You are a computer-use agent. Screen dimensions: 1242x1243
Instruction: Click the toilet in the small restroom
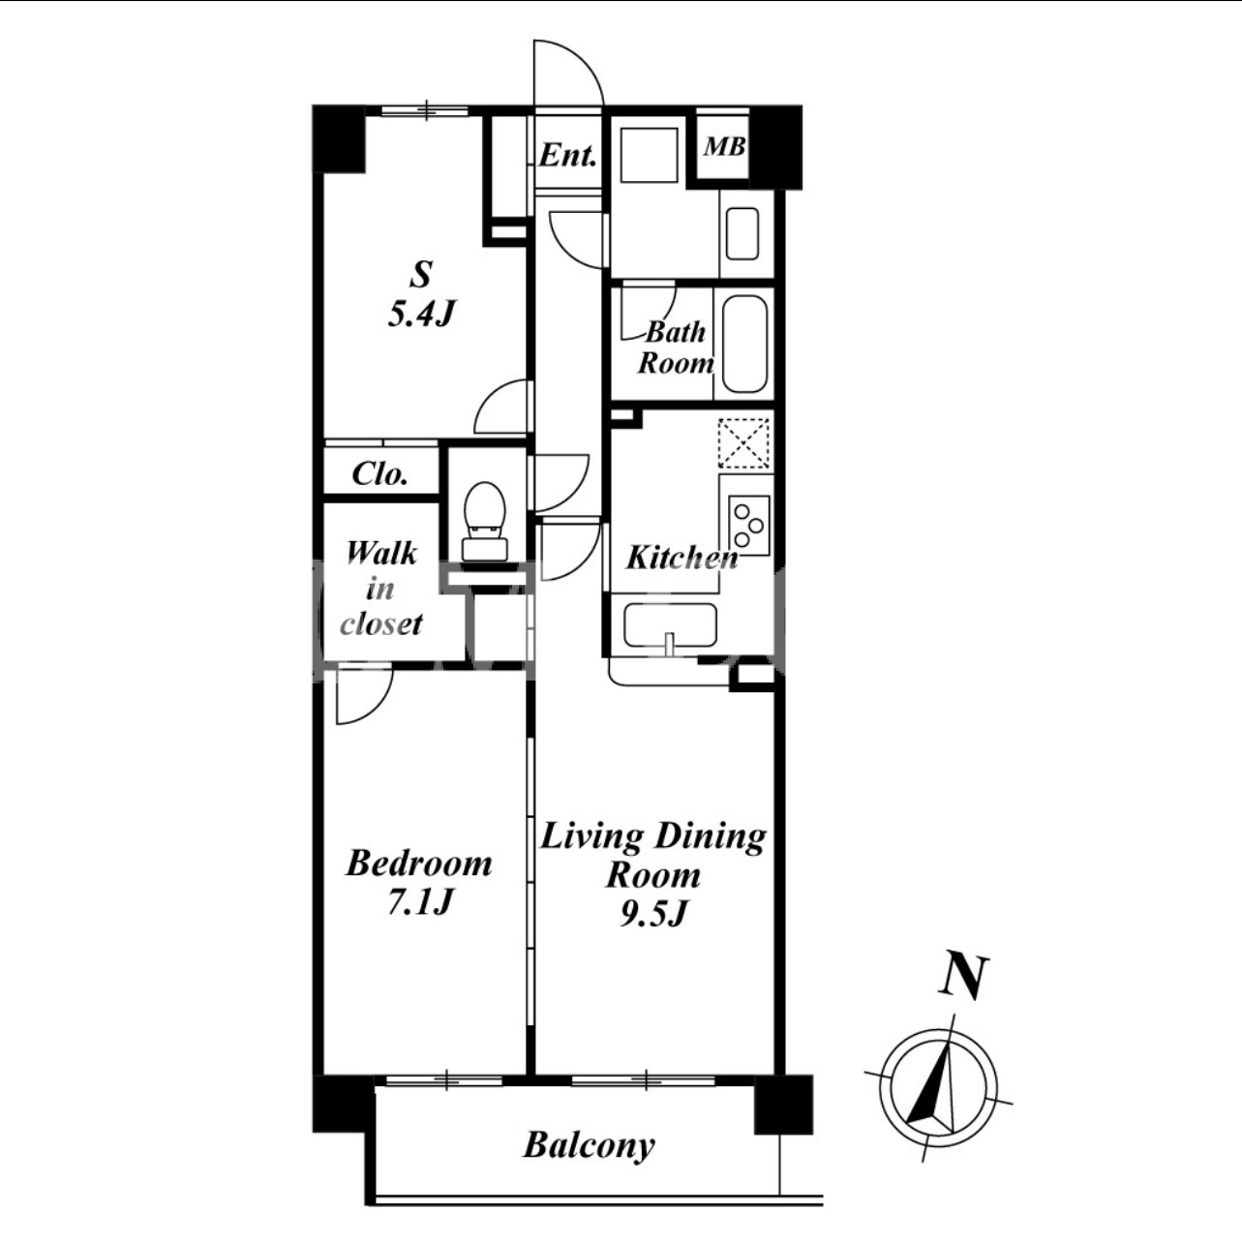(x=485, y=521)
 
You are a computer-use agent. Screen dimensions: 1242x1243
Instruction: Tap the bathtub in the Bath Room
(x=744, y=344)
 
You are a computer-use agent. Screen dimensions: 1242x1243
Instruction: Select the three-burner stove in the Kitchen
(x=749, y=526)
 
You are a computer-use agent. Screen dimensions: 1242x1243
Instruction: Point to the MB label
(x=724, y=147)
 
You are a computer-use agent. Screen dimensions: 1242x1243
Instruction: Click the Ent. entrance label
(x=568, y=156)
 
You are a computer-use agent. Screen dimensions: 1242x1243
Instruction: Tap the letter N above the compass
(x=963, y=977)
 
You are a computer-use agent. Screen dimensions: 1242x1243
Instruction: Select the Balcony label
(x=590, y=1145)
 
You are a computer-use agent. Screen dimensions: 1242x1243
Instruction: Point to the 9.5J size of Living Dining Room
(x=652, y=914)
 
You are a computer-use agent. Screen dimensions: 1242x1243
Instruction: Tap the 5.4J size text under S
(x=421, y=314)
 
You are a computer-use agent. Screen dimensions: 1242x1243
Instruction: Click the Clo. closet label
(x=379, y=474)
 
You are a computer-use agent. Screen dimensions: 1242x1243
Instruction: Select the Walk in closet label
(x=380, y=589)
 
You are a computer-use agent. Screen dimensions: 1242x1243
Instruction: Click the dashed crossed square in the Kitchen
(x=743, y=443)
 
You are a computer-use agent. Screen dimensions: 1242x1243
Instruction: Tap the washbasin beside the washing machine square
(x=742, y=233)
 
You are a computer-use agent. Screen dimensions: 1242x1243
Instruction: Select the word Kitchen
(x=682, y=558)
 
